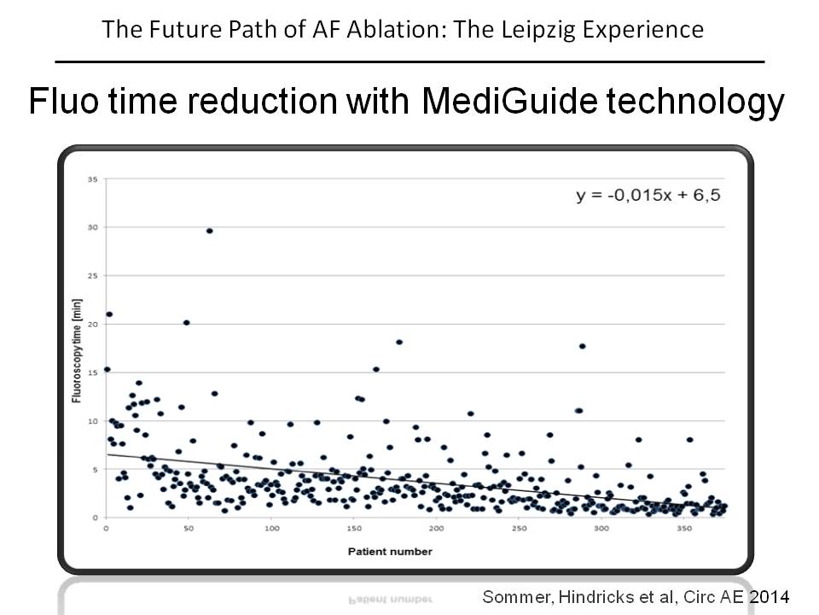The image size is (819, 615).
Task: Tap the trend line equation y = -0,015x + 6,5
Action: pyautogui.click(x=648, y=195)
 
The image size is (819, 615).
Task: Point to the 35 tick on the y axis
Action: pyautogui.click(x=93, y=179)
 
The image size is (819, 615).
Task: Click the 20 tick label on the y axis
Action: pyautogui.click(x=93, y=324)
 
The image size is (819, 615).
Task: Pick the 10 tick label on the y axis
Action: pyautogui.click(x=93, y=421)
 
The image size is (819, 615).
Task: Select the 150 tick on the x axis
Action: pyautogui.click(x=354, y=530)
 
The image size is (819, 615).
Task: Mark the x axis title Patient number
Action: pyautogui.click(x=390, y=552)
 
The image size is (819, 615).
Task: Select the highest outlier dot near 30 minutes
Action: pyautogui.click(x=209, y=231)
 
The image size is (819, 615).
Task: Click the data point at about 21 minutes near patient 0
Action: pyautogui.click(x=109, y=314)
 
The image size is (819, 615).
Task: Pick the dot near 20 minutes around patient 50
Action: pyautogui.click(x=186, y=323)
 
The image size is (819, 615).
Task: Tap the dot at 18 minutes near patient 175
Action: pyautogui.click(x=398, y=343)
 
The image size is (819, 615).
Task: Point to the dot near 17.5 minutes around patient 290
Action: pyautogui.click(x=582, y=346)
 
